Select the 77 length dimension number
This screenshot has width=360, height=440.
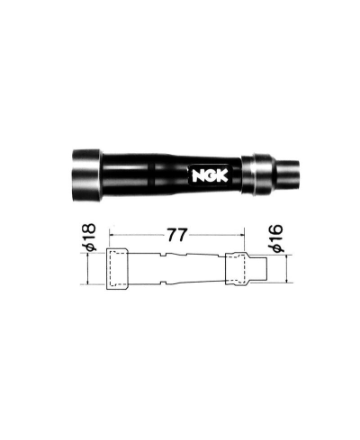click(x=175, y=236)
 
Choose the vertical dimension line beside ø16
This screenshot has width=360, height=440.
click(x=286, y=266)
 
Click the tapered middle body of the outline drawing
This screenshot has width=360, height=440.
click(x=175, y=267)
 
